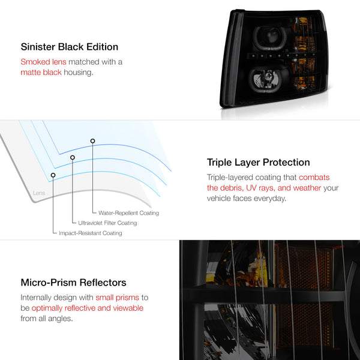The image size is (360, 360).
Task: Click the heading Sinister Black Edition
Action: [70, 47]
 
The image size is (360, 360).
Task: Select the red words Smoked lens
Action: [43, 62]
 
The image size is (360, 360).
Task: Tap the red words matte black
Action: [41, 73]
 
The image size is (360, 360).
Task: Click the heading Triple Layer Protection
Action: [258, 163]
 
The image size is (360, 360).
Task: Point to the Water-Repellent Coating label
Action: [128, 213]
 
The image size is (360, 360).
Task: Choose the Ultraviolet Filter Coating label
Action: [107, 223]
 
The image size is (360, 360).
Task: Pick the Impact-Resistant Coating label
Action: [91, 233]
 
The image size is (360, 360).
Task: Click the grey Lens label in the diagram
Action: [39, 193]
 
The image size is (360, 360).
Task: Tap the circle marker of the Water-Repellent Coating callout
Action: [92, 141]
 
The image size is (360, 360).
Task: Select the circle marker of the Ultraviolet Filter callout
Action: [73, 157]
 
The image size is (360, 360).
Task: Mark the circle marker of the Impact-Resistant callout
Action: [53, 175]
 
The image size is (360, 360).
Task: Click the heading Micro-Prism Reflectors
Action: [73, 283]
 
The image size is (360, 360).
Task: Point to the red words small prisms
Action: [118, 298]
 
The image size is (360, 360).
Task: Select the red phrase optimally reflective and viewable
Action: [88, 308]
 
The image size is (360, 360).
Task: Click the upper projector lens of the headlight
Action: [271, 38]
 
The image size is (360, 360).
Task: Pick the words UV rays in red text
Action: [260, 188]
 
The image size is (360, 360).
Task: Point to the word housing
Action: [79, 73]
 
